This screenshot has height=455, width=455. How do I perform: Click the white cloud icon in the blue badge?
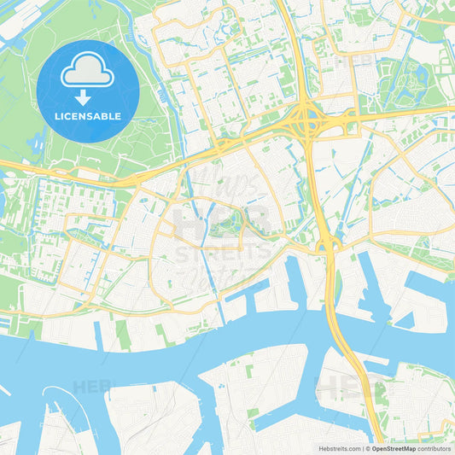[88, 71]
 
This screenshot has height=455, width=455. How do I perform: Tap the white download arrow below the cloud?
[88, 96]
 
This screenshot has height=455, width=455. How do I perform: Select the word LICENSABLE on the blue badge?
[88, 115]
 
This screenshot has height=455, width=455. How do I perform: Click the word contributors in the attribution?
[435, 447]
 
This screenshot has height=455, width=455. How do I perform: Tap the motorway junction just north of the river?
[328, 246]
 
